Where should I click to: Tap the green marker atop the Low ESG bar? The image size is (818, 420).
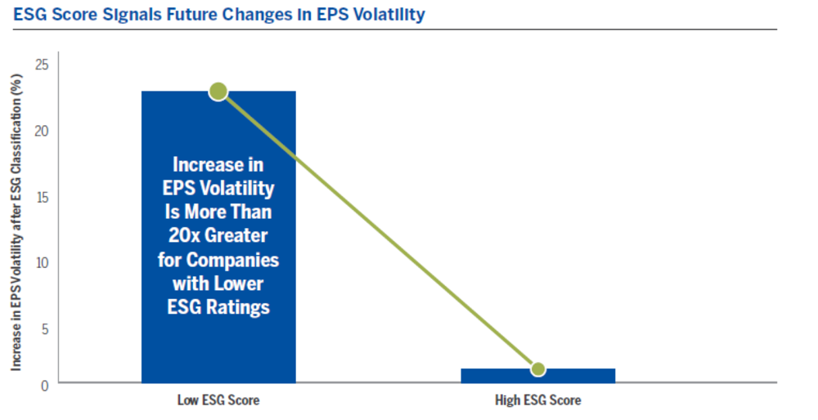pos(218,91)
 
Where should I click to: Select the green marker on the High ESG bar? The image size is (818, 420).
pos(538,369)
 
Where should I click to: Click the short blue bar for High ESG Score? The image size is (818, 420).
pos(573,376)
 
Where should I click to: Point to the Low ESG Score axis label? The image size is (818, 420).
pos(218,401)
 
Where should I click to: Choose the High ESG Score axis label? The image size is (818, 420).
pos(538,401)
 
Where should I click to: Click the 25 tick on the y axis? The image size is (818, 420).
pos(43,65)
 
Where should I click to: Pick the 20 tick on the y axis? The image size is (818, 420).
pos(43,131)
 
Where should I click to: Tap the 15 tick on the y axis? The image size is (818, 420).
pos(43,197)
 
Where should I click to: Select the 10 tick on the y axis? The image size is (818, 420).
pos(43,263)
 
